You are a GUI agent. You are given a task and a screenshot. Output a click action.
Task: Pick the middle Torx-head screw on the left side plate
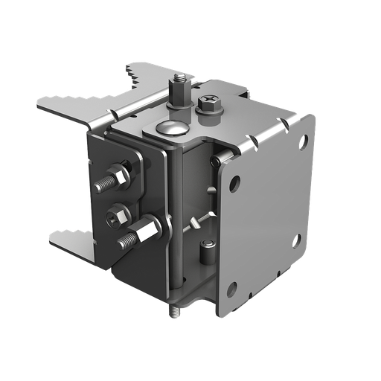115,216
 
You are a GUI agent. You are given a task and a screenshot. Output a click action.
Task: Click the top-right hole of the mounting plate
302,138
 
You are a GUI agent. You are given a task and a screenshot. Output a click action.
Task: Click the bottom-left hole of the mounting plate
233,289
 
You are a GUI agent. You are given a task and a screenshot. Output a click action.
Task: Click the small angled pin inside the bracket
197,217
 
